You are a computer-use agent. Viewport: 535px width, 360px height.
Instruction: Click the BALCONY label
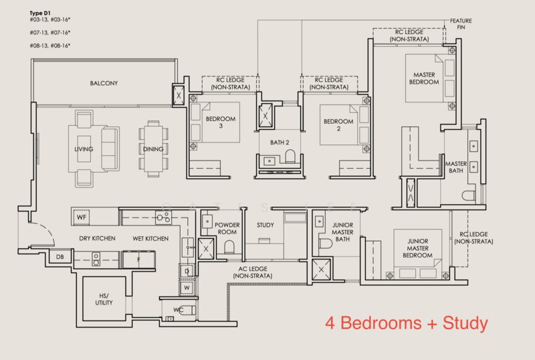pos(104,84)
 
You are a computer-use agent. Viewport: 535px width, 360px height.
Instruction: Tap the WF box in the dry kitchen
pos(81,217)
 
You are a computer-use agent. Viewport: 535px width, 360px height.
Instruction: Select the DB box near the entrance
pos(60,257)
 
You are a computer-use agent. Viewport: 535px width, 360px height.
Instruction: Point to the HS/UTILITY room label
pos(104,299)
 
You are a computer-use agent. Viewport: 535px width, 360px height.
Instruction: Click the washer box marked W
pos(187,288)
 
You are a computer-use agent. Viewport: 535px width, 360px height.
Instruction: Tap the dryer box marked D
pos(187,272)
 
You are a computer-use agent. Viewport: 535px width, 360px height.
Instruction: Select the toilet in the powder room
pos(229,247)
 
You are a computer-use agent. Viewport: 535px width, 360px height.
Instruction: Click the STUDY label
pos(265,225)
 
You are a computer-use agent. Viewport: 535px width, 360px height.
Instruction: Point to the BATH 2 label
pos(280,143)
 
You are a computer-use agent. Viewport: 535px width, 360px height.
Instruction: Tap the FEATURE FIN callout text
pos(461,24)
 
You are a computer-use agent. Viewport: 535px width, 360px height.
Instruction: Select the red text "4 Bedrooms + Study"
pos(407,323)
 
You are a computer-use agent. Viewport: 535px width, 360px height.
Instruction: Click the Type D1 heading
pos(40,13)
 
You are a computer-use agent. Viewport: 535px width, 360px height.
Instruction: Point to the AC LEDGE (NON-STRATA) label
pos(253,272)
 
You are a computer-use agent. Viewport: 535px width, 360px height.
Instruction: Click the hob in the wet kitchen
pos(163,217)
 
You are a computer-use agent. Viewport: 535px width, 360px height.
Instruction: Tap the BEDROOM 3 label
pos(221,122)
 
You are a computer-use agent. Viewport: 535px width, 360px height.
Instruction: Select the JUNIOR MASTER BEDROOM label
pos(417,248)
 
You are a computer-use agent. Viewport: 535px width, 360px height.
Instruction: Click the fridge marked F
pos(138,260)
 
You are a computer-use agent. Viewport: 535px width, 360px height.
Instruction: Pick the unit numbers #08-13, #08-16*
pos(50,46)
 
